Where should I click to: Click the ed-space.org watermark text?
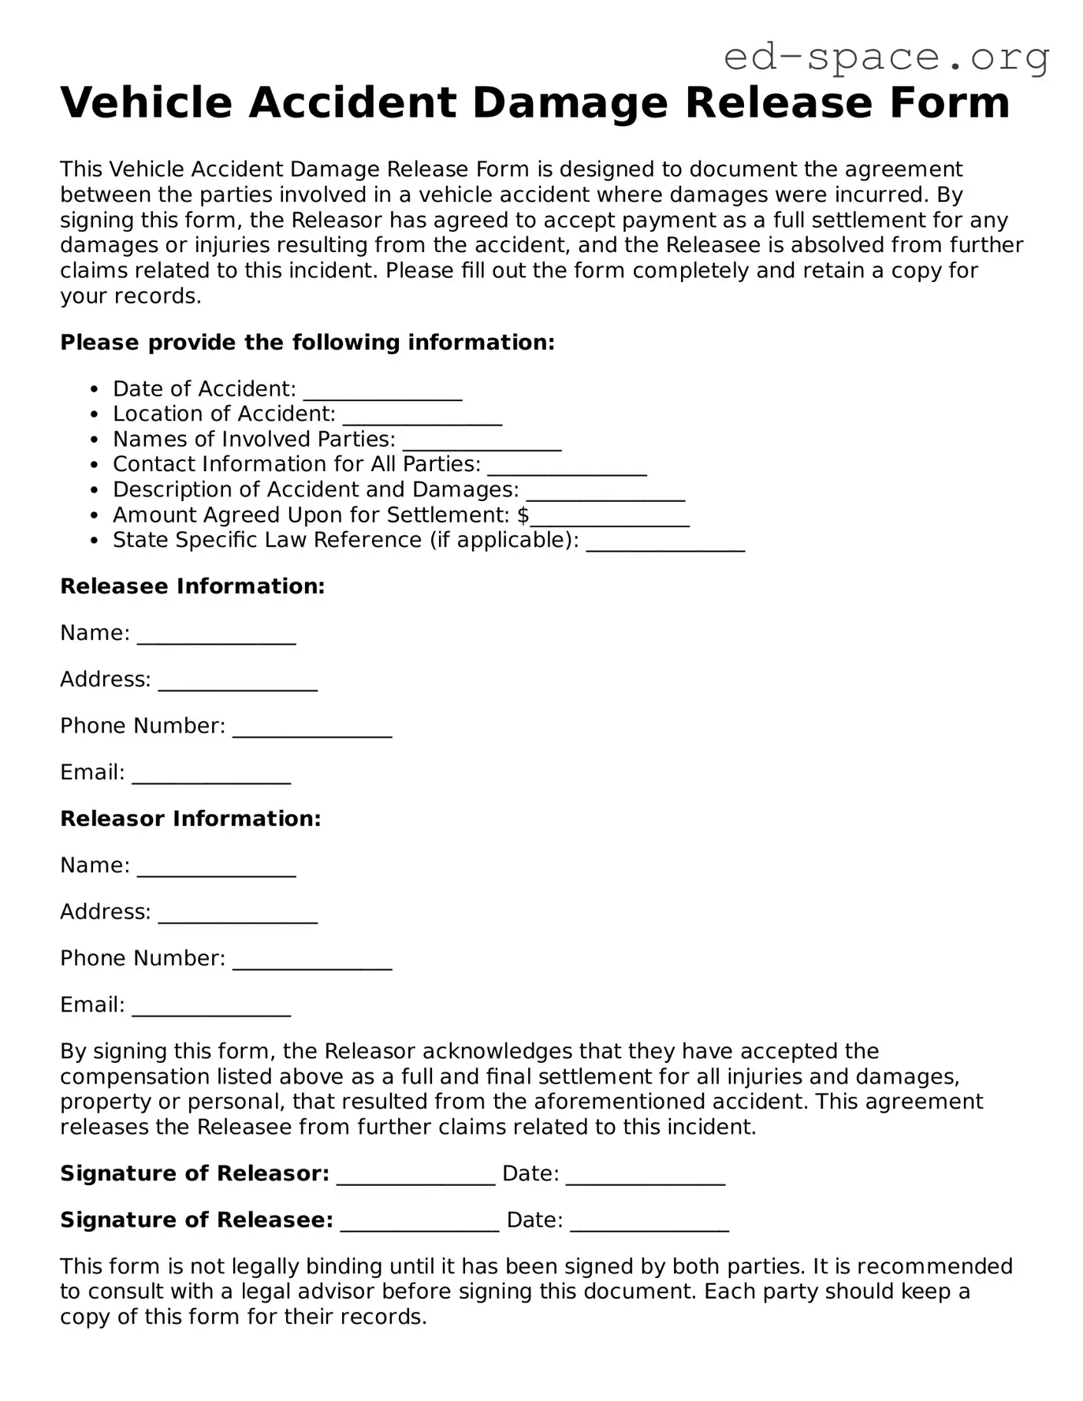886,57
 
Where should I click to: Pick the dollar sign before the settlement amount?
523,515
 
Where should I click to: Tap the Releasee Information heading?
192,586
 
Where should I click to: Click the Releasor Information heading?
191,819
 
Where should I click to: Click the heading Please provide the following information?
307,343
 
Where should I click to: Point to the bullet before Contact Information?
95,465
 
